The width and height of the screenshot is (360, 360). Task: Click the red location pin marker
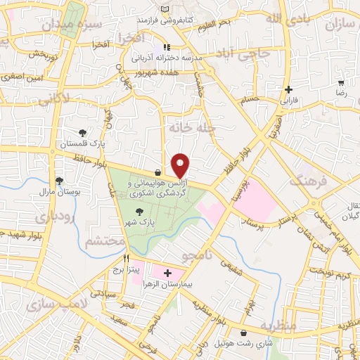tap(181, 165)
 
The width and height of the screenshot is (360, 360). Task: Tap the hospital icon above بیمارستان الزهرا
tap(167, 273)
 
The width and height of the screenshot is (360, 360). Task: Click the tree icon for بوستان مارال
tap(60, 180)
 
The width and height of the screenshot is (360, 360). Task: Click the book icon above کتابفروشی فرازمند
tap(165, 8)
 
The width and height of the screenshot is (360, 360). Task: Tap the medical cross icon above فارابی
tap(288, 89)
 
